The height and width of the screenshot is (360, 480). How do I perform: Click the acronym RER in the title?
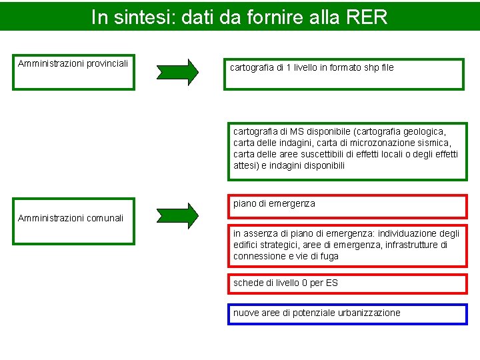[x=367, y=17]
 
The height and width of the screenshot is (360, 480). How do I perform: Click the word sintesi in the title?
[x=145, y=17]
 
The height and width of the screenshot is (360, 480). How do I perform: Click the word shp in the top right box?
[x=367, y=67]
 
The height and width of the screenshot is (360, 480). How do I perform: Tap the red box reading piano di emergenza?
[x=347, y=206]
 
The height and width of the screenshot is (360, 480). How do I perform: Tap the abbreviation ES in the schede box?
[x=331, y=283]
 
